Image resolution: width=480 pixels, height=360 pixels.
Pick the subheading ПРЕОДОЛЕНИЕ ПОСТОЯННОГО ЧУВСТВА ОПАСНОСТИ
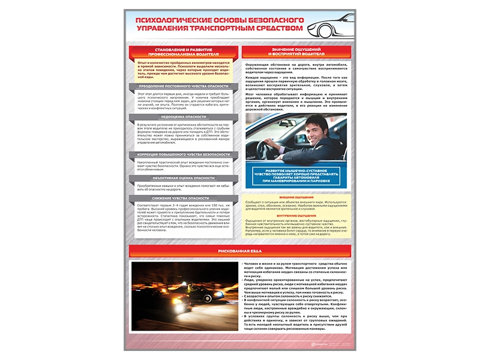coord(184,86)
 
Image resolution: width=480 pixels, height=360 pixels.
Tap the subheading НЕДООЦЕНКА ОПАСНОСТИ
coord(184,116)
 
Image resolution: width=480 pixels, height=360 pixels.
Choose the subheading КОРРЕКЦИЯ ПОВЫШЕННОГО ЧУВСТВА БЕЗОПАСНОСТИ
coord(184,154)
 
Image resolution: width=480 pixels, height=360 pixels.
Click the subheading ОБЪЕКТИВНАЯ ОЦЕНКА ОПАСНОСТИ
coord(184,178)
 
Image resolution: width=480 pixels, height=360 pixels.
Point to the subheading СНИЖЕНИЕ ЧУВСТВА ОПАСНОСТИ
coord(184,199)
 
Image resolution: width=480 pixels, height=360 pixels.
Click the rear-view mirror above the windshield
coord(264,119)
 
